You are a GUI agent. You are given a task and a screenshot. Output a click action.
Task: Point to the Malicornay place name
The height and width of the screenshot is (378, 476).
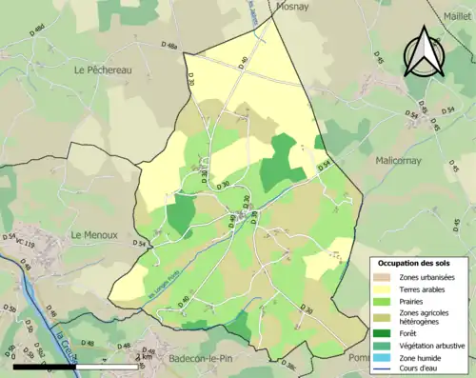click(x=405, y=161)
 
